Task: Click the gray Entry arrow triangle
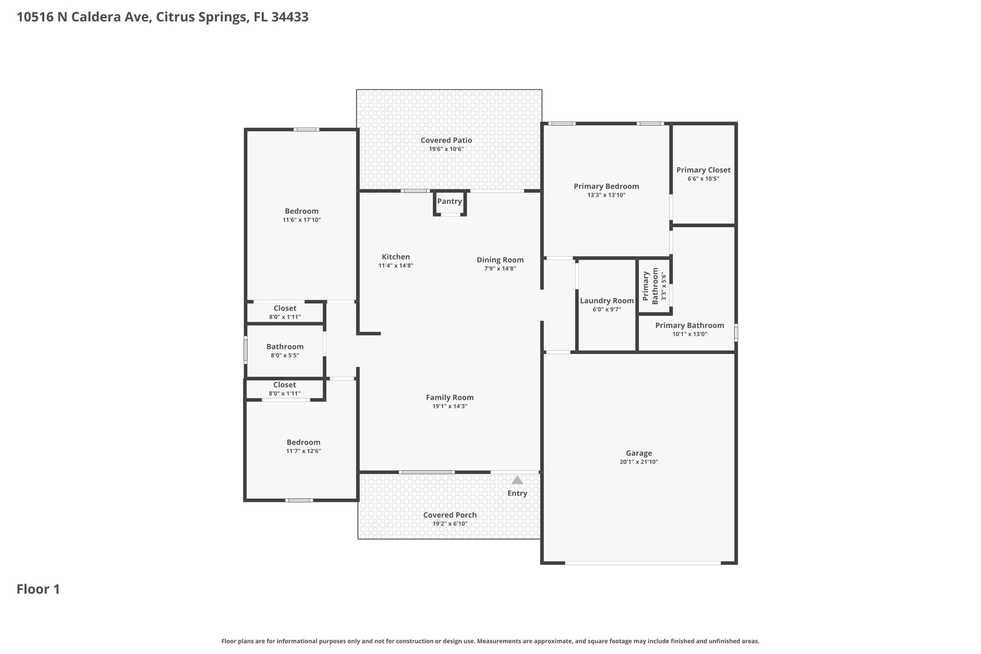point(517,480)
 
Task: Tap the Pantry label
point(449,201)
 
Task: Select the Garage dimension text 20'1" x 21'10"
point(639,462)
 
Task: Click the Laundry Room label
point(606,301)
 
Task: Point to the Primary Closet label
point(703,170)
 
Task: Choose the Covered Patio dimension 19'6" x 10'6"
point(446,149)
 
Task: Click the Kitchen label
point(396,257)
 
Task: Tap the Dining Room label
point(500,260)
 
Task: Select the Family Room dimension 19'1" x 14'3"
point(450,406)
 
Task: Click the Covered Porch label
point(450,515)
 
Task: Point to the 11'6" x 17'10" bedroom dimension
point(301,220)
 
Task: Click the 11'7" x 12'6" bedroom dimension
point(303,451)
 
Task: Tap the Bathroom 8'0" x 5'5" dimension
point(285,356)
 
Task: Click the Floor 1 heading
point(38,589)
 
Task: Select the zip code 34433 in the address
point(290,17)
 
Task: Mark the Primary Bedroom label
point(606,186)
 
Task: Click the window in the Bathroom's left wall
point(246,349)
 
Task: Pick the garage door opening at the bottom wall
point(643,563)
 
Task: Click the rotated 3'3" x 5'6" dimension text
point(663,287)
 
